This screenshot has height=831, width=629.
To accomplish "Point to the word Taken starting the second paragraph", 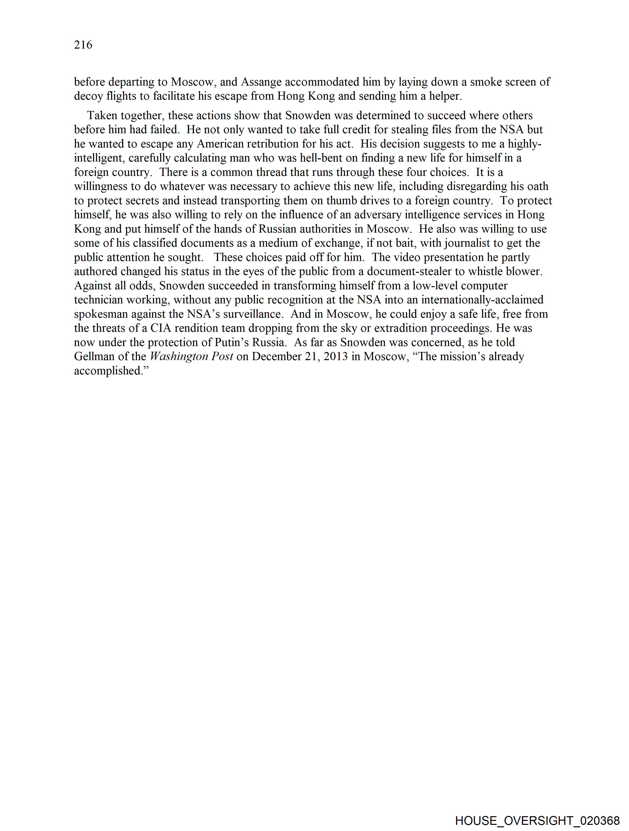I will [102, 115].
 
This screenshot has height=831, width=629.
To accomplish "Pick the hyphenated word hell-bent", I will [321, 158].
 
